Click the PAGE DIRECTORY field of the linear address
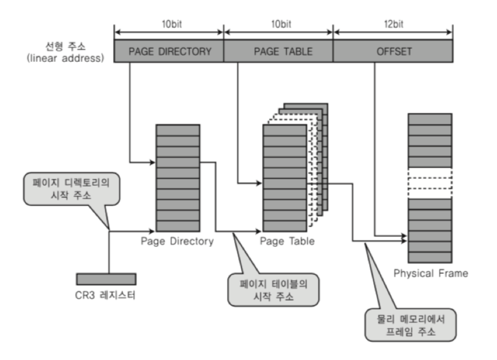click(169, 51)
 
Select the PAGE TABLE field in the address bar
click(278, 51)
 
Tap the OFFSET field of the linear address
click(392, 51)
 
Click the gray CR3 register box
click(106, 279)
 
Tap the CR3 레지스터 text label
click(106, 296)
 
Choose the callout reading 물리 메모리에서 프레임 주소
click(410, 324)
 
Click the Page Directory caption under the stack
click(177, 241)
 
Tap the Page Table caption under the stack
click(287, 241)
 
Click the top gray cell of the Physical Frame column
click(430, 119)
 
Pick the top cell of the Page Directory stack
click(178, 130)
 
